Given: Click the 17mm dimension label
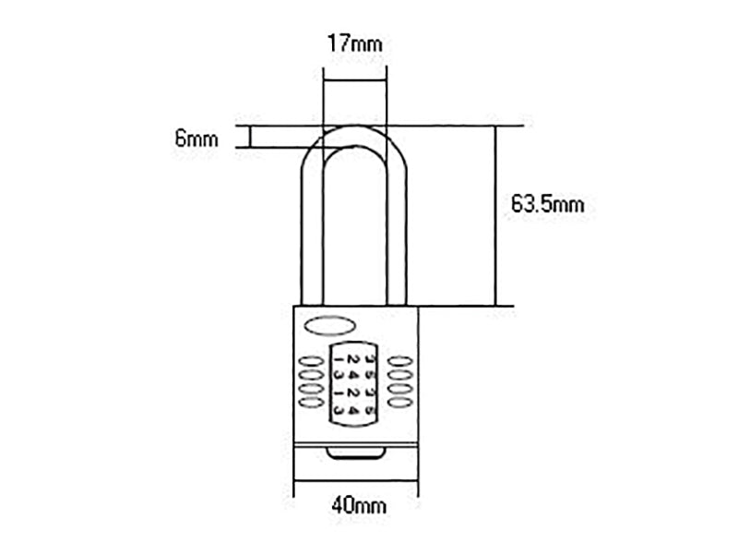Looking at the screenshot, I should [355, 42].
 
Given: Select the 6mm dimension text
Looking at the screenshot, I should [196, 139].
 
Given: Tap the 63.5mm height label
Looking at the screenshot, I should [548, 205].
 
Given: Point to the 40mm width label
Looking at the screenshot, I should [355, 506].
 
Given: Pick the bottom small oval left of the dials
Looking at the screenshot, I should [309, 403].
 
